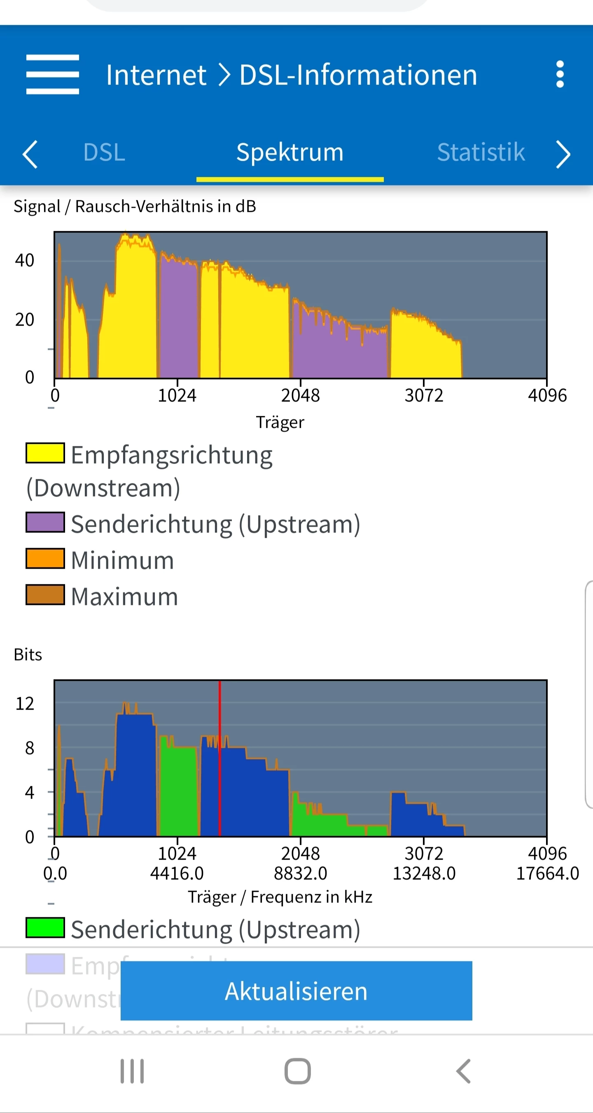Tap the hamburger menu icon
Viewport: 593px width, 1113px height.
click(52, 74)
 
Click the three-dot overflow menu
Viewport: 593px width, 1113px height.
click(560, 74)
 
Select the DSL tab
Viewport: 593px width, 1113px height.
click(104, 152)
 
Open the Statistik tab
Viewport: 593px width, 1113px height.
click(481, 152)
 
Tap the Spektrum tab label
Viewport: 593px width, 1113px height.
click(290, 152)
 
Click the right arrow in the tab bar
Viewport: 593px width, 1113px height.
click(563, 154)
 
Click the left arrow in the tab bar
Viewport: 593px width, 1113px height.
click(30, 154)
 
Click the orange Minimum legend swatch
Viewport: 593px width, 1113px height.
click(45, 559)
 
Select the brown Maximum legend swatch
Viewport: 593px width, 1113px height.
click(45, 595)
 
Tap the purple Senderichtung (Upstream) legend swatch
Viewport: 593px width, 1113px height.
click(45, 523)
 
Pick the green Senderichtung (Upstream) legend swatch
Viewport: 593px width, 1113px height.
click(45, 928)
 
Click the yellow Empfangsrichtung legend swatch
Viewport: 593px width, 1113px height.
click(45, 453)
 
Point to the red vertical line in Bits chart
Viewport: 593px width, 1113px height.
click(219, 756)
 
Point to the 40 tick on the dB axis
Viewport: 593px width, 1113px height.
click(25, 260)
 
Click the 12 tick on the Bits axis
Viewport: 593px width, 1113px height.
click(25, 704)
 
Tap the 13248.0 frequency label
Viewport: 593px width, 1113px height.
click(424, 874)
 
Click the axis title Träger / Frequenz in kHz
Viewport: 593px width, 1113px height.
click(280, 897)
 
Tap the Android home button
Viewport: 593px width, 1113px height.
click(297, 1071)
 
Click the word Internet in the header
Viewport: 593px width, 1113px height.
click(156, 75)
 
